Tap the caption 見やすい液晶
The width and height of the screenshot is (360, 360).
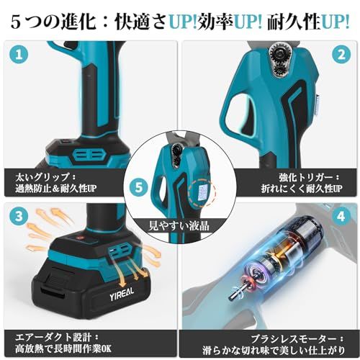coord(179,226)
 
